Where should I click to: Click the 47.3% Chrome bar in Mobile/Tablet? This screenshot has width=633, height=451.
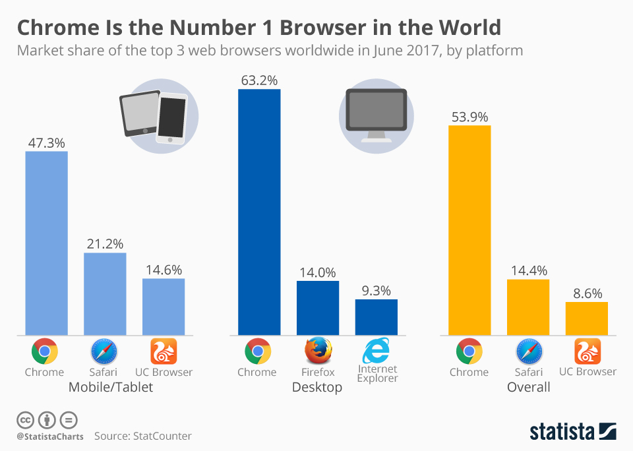(x=46, y=243)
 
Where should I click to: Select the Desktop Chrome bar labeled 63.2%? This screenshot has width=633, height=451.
(x=259, y=212)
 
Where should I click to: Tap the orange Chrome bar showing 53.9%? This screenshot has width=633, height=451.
(x=469, y=229)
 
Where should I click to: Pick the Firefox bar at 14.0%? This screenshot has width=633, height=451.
(x=318, y=308)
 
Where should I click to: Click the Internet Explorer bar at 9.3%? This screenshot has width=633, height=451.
(x=377, y=317)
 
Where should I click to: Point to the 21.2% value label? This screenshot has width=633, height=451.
(x=105, y=243)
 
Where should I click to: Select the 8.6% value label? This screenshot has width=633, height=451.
(x=587, y=293)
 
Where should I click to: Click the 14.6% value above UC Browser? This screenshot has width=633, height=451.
(x=164, y=269)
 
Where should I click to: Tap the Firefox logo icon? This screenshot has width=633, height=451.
(x=318, y=351)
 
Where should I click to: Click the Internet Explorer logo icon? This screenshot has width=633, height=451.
(x=377, y=350)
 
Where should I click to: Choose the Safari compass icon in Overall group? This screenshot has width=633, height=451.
(x=528, y=351)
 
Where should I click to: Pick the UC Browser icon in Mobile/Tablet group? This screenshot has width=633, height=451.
(x=164, y=351)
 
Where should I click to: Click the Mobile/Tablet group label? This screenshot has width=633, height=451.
(x=111, y=387)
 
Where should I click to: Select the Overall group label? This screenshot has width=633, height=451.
(x=528, y=387)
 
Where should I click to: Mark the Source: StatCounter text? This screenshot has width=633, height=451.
(x=142, y=436)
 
